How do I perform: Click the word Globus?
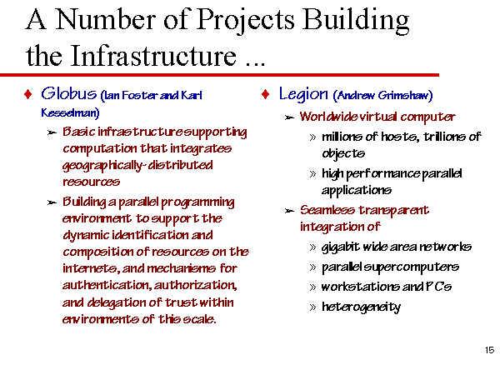[68, 93]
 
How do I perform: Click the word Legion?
[303, 94]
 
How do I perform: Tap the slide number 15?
[489, 350]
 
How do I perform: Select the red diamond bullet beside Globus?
[28, 94]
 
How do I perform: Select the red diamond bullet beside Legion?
[265, 94]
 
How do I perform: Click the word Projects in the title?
[245, 20]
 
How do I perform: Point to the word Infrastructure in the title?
[153, 56]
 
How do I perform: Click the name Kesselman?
[69, 112]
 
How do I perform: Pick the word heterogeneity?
[362, 307]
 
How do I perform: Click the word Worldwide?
[328, 117]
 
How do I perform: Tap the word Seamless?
[327, 210]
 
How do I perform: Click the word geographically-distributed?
[137, 166]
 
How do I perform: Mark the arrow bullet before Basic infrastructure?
[52, 132]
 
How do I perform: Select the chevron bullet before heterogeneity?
[312, 307]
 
